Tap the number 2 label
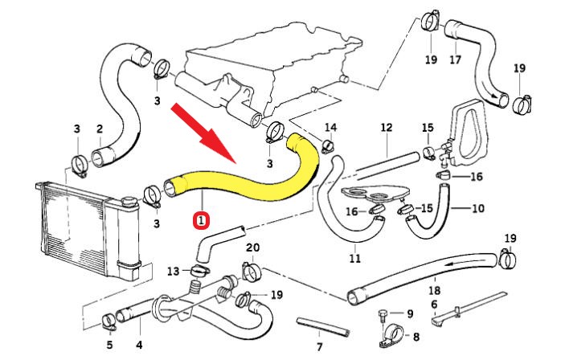[100, 129]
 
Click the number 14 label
[331, 128]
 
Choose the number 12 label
[386, 128]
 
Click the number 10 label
[477, 208]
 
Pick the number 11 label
[354, 259]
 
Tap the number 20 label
[252, 247]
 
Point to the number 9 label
[409, 313]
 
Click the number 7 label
[319, 347]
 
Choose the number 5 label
[109, 347]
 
